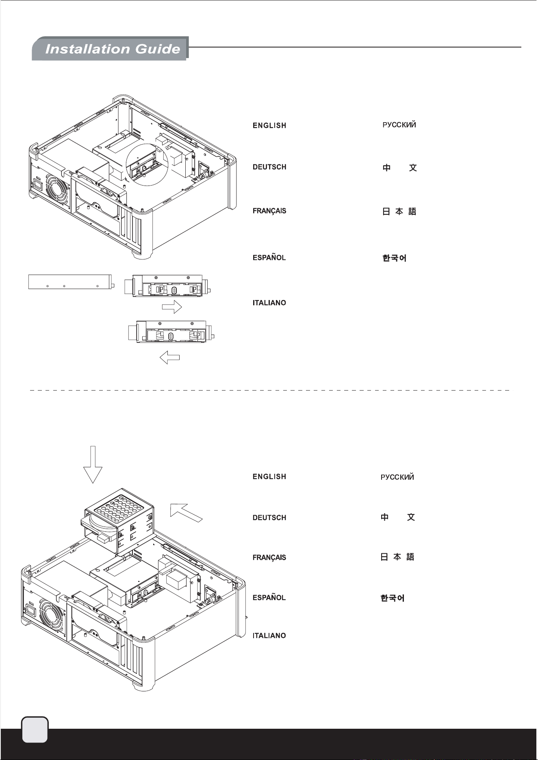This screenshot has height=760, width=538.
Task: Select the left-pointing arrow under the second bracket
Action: point(169,358)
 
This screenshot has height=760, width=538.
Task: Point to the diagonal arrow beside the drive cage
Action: point(185,512)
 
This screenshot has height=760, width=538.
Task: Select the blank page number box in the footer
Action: point(35,729)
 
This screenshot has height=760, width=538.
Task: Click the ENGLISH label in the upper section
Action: point(269,125)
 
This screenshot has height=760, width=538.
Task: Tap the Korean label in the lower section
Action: point(393,598)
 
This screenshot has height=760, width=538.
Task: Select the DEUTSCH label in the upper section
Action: point(269,167)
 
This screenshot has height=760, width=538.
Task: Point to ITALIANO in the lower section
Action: point(269,635)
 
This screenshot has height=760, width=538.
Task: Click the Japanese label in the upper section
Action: point(399,212)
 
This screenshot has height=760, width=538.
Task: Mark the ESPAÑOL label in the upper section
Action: point(269,257)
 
